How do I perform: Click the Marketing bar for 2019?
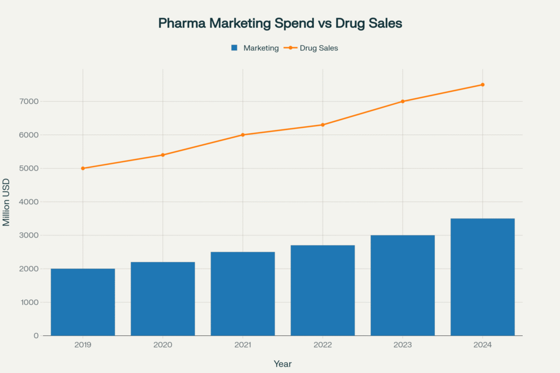coord(83,302)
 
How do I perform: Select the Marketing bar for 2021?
coord(243,294)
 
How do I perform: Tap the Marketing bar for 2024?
coord(482,277)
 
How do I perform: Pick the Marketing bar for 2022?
coord(323,291)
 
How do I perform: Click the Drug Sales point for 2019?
coord(83,168)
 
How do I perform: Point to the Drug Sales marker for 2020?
coord(163,155)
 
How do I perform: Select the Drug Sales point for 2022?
coord(323,125)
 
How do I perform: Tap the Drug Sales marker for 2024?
coord(482,85)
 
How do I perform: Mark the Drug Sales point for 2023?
coord(402,102)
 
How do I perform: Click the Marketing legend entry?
coord(255,48)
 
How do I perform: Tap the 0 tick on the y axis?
coord(36,336)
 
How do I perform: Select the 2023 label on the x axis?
coord(402,345)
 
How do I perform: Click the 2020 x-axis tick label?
coord(163,345)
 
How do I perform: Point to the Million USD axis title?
coord(7,202)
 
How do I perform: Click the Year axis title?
coord(283,363)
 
